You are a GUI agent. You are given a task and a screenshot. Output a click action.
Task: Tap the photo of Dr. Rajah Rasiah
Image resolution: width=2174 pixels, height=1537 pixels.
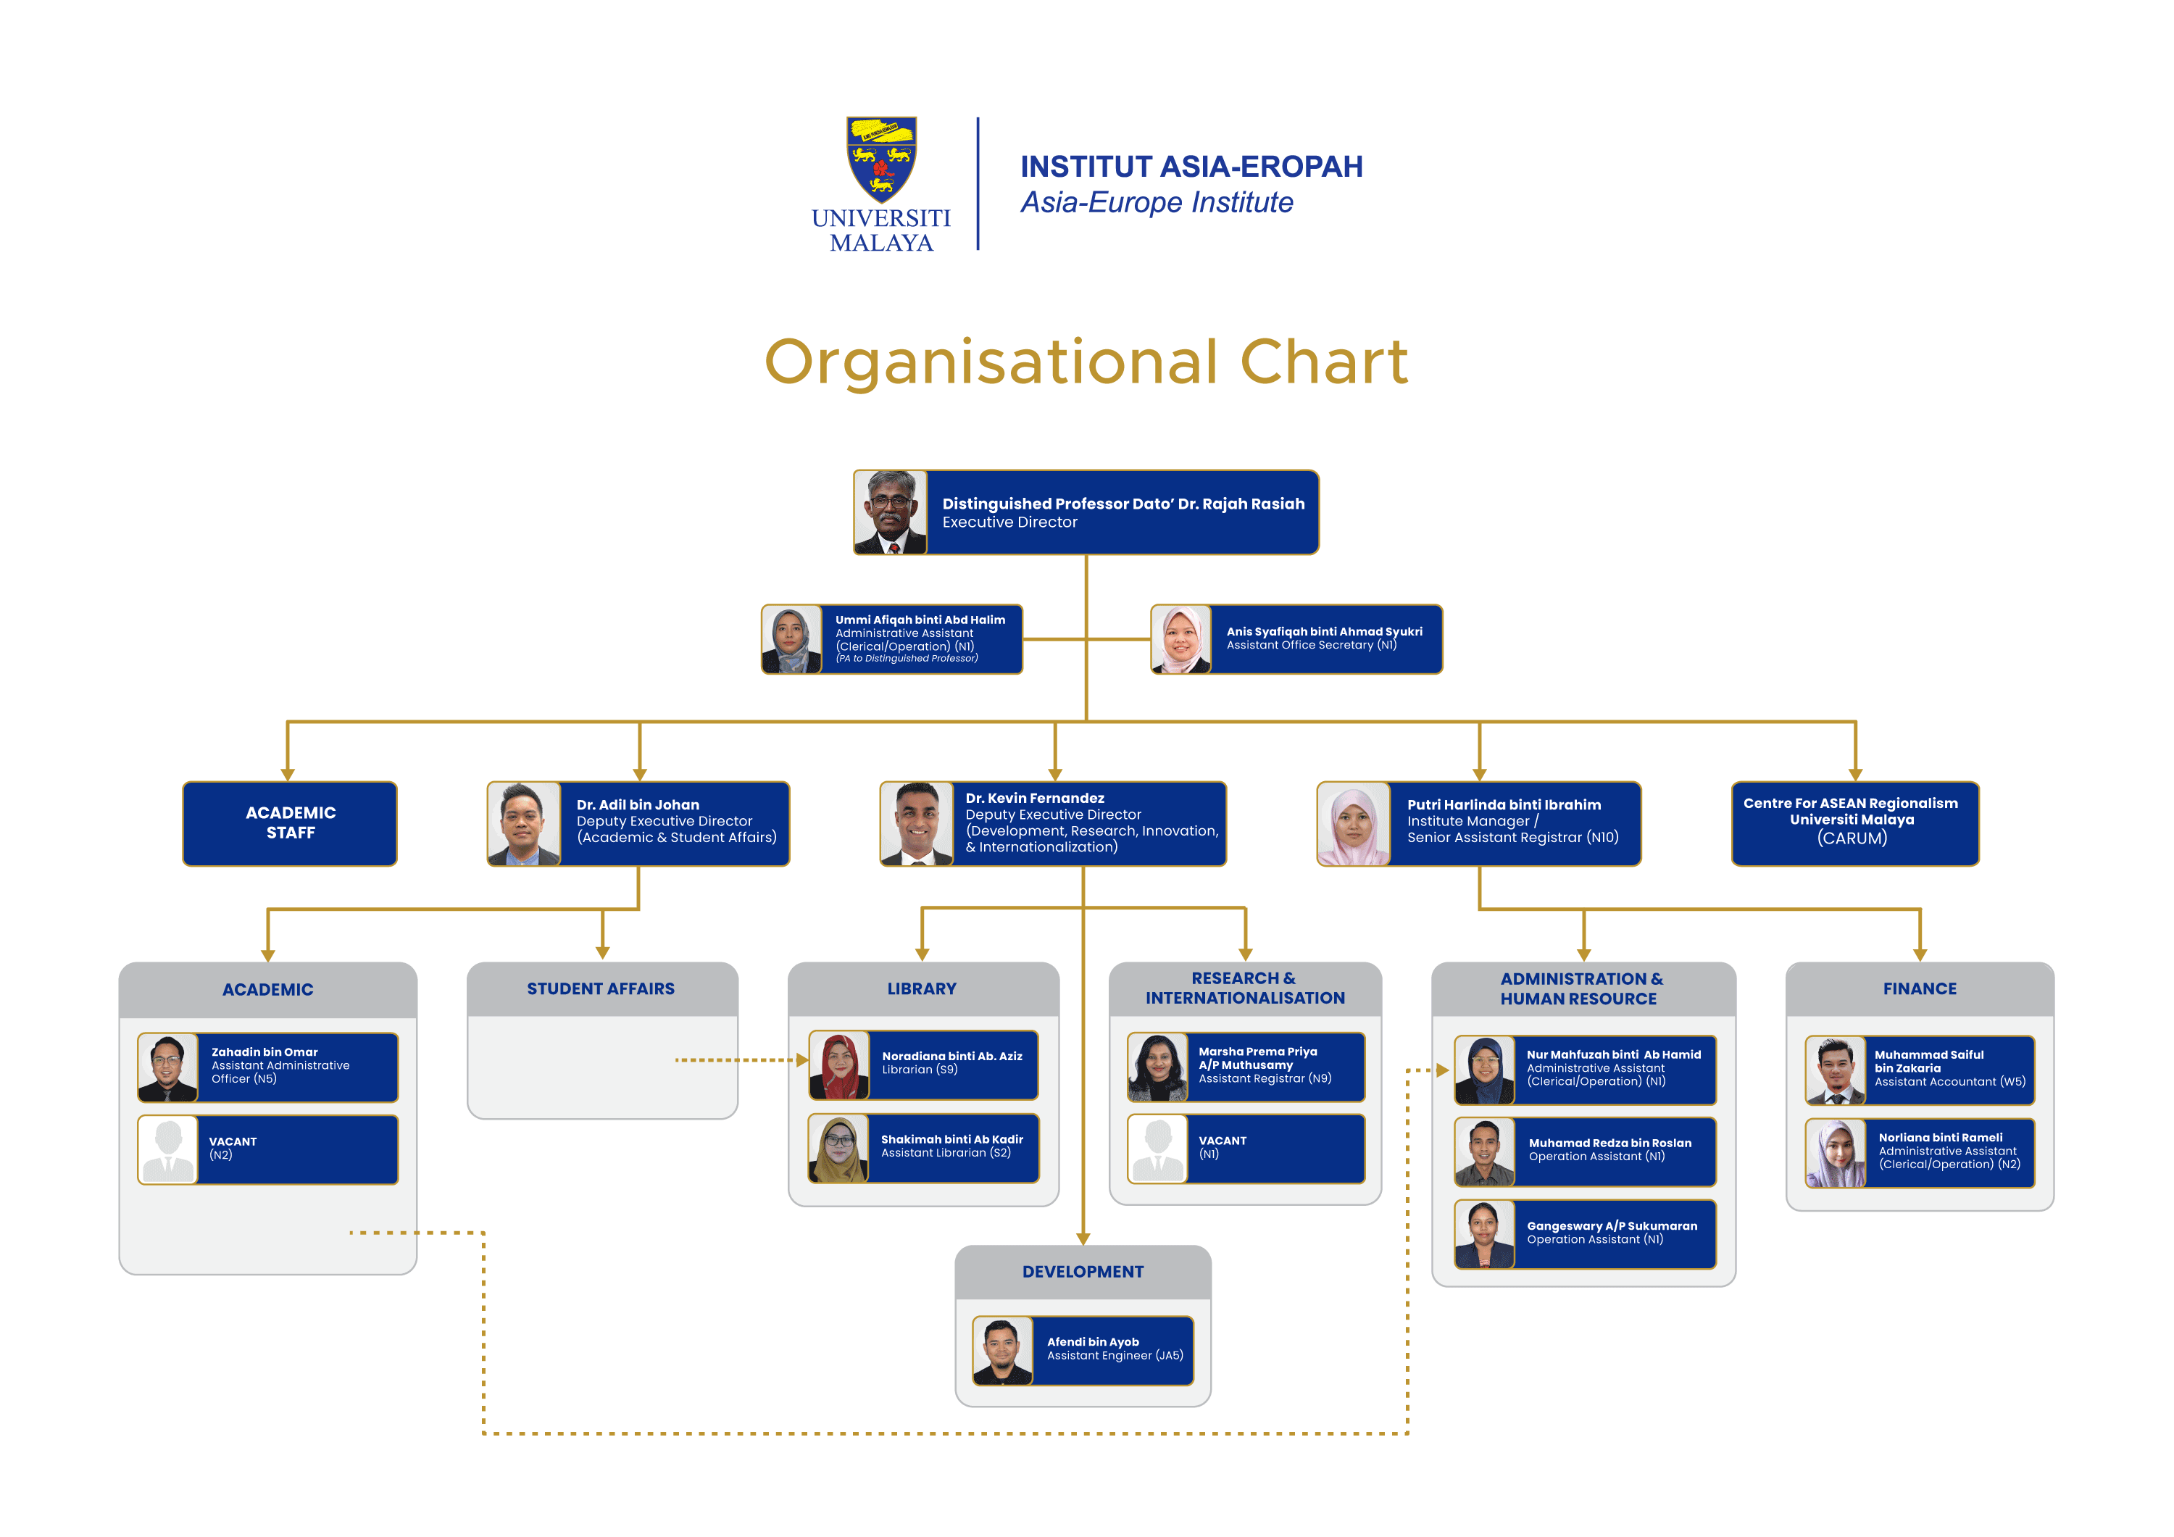890,512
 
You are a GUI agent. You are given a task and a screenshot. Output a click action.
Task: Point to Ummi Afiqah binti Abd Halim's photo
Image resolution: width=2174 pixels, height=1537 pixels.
791,640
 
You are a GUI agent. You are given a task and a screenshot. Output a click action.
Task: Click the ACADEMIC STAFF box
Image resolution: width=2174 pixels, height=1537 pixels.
290,823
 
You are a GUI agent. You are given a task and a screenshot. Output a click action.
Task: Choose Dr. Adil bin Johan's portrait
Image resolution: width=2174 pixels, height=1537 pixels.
524,824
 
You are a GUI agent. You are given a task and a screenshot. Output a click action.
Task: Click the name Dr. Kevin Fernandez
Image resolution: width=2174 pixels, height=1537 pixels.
1034,799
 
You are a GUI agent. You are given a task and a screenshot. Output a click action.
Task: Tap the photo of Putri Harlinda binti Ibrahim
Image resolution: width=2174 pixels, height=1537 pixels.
1353,824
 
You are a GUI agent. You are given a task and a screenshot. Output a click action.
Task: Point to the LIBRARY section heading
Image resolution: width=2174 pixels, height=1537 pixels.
921,988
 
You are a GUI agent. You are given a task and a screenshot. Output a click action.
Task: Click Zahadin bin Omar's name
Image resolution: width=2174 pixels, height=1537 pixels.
265,1052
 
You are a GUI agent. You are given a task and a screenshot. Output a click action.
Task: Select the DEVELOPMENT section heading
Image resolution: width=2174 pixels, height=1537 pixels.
1082,1272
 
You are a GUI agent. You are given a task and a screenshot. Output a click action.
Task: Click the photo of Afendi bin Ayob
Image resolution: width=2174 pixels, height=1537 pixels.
1001,1351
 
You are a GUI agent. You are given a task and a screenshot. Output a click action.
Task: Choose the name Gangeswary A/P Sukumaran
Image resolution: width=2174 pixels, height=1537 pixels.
1612,1225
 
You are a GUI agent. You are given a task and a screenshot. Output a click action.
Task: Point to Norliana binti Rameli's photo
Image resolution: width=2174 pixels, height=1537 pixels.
1835,1152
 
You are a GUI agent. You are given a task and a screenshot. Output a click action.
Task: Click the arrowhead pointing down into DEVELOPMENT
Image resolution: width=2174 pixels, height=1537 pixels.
1083,1238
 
